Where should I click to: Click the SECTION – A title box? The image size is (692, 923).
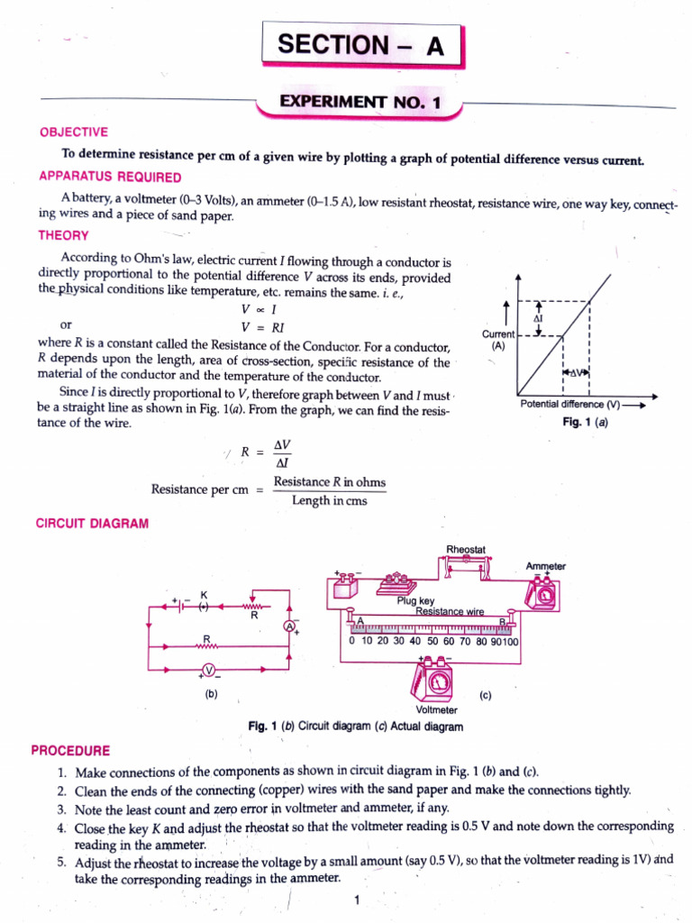pos(361,45)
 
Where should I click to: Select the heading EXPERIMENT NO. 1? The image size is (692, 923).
pos(360,103)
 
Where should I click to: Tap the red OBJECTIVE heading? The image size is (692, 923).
pos(73,132)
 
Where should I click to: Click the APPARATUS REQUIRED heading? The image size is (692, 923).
pos(109,177)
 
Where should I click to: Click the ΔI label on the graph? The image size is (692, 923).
pos(538,319)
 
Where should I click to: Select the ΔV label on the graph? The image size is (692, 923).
pos(575,371)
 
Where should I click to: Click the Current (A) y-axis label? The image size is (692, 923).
pos(498,340)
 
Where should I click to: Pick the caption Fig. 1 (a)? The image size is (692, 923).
pos(585,421)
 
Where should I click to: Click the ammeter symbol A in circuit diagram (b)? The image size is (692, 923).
pos(289,626)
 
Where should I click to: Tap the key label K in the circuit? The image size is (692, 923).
pos(204,595)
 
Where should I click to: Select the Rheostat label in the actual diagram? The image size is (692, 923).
pos(466,549)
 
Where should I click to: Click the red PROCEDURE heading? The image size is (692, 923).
pos(71,750)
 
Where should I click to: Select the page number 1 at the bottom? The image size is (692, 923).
pos(357,900)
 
